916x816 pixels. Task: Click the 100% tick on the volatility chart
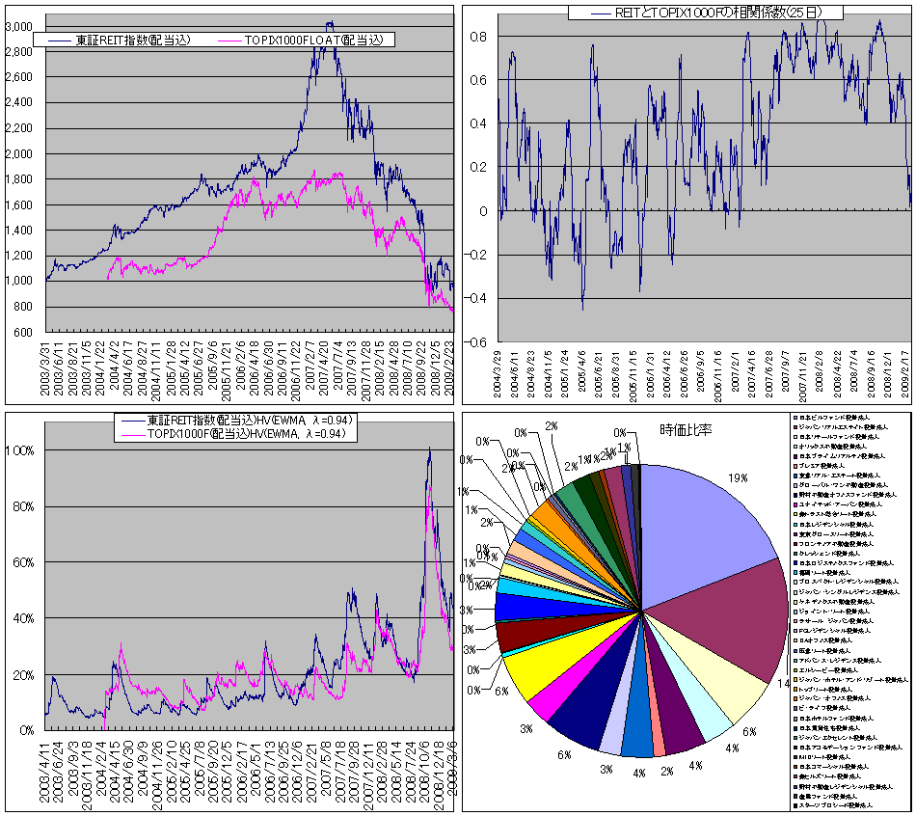pos(21,450)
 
